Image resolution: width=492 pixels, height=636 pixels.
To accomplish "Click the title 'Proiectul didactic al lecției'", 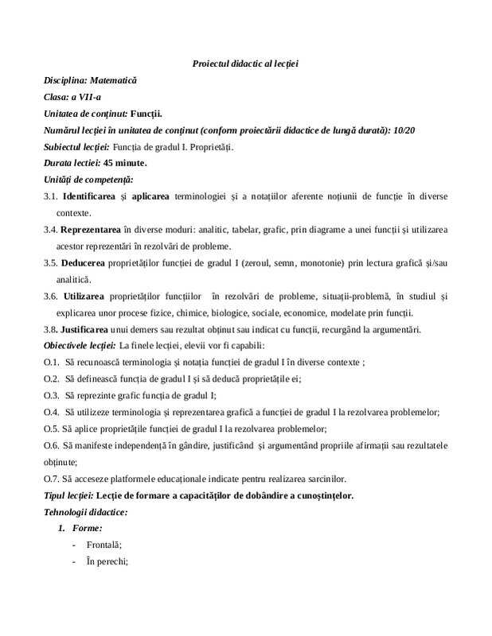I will (x=245, y=63).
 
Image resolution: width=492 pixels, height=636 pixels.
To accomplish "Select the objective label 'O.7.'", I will (x=52, y=479).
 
